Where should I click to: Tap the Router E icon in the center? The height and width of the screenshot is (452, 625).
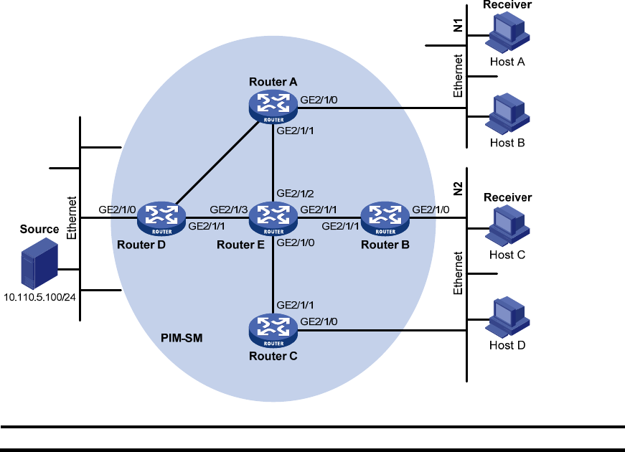pos(273,217)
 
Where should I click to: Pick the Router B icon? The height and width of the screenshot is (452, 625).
pos(385,217)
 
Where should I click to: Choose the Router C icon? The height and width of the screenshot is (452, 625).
pos(273,329)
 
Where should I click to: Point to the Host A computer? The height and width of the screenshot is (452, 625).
pos(507,32)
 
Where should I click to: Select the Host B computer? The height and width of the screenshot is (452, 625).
pos(507,113)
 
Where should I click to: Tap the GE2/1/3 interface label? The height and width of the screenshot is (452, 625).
pos(229,210)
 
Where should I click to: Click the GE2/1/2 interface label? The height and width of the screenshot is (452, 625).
pos(296,194)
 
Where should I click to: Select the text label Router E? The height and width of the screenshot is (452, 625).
pos(240,245)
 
